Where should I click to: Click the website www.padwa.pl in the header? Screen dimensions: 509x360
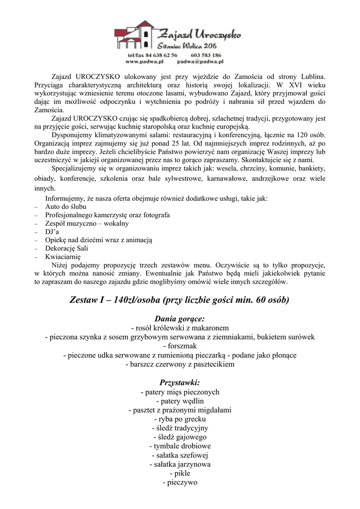(145, 62)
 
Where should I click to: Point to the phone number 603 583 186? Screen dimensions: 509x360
(206, 55)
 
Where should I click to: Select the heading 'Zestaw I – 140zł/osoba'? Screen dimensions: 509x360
(180, 300)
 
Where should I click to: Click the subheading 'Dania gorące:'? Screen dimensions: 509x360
(180, 318)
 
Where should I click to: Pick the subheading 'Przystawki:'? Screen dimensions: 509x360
(180, 383)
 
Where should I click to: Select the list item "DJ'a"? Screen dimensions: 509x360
(52, 232)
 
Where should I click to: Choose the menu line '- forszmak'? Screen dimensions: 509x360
(180, 345)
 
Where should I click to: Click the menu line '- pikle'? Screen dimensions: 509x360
(180, 473)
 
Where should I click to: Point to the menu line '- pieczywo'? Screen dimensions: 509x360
(180, 482)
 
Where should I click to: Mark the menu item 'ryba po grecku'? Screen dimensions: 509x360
(180, 419)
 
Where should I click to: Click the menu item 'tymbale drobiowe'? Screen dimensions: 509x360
(180, 446)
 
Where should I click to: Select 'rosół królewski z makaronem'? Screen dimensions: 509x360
(180, 328)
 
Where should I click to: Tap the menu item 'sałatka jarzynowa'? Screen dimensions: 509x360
(180, 464)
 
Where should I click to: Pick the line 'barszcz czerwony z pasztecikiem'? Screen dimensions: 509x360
(180, 364)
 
